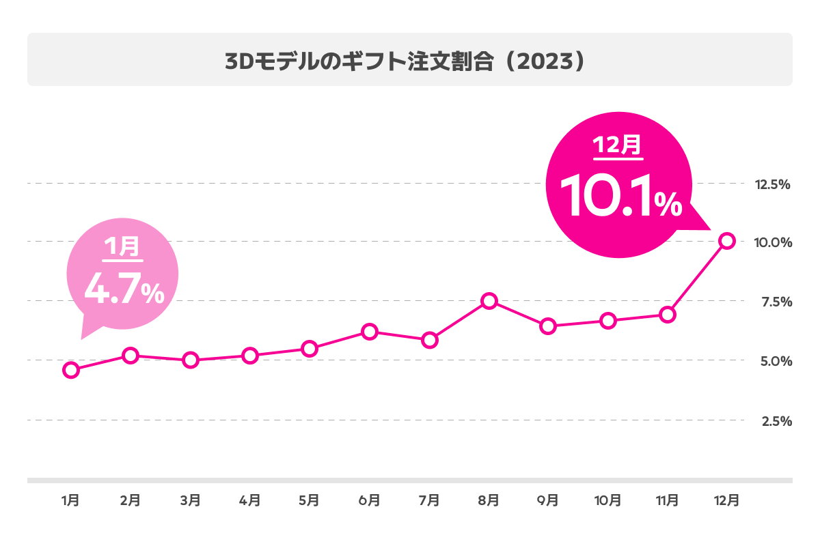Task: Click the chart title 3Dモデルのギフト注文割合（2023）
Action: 406,61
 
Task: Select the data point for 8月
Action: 489,301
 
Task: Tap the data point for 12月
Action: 727,241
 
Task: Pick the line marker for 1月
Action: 70,370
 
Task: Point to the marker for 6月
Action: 369,332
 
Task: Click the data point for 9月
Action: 548,326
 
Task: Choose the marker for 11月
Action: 668,315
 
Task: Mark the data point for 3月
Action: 191,360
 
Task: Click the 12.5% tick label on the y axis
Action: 772,184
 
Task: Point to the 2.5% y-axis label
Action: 774,421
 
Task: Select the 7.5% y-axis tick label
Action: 774,302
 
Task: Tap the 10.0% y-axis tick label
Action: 773,243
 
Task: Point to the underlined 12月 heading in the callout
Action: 617,145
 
